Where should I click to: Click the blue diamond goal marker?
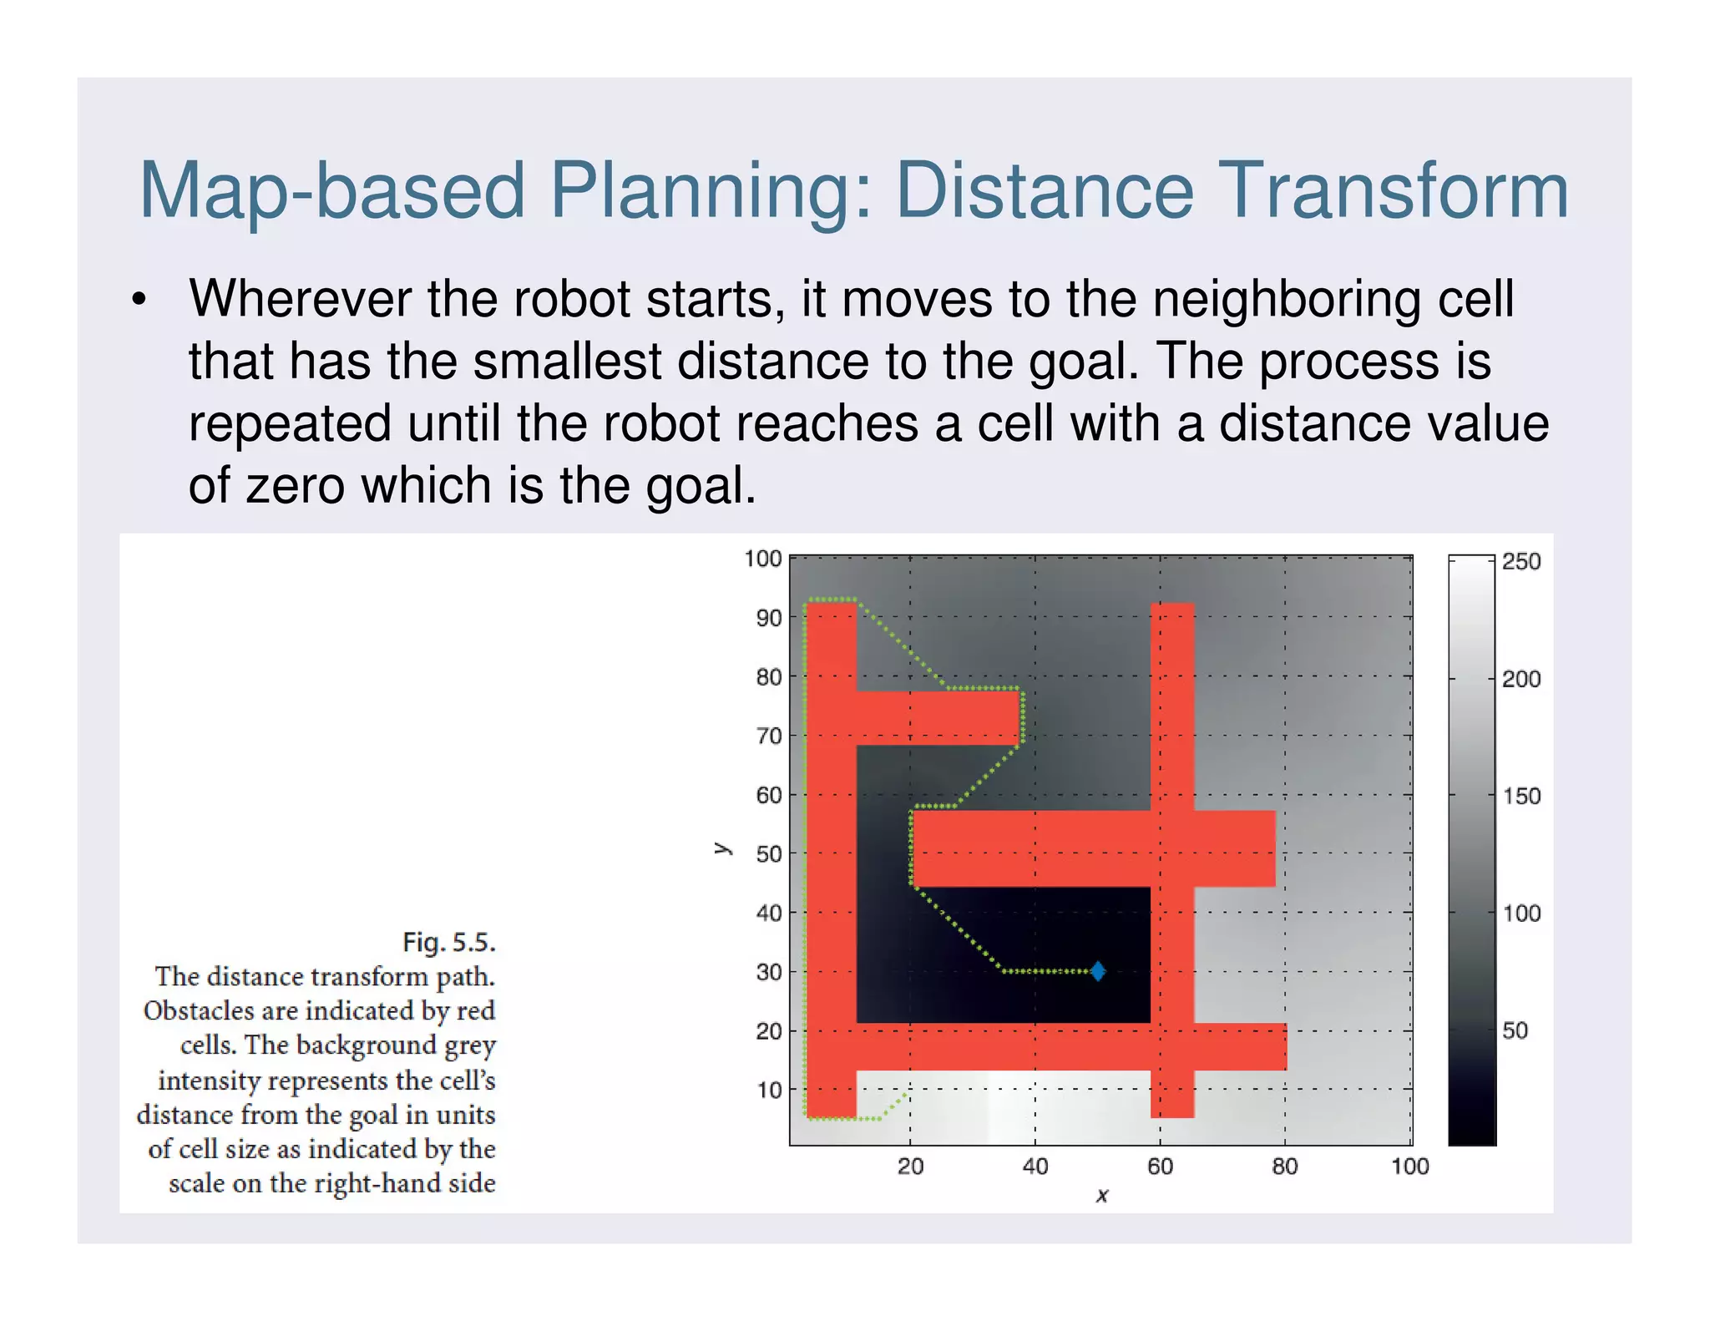(1098, 971)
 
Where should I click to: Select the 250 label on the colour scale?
(1521, 562)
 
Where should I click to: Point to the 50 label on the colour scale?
(1515, 1030)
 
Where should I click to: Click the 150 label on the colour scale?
(1521, 796)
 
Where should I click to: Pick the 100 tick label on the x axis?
(1409, 1167)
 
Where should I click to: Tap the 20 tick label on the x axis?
(910, 1167)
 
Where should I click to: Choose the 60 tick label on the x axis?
(1160, 1167)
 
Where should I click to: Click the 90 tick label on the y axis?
(769, 618)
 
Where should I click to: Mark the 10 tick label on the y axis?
(769, 1090)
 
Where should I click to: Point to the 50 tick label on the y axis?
(769, 854)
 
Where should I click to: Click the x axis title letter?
(1102, 1196)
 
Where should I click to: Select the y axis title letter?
(723, 849)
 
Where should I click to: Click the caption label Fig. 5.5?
(449, 943)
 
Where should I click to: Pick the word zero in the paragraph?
(295, 486)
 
